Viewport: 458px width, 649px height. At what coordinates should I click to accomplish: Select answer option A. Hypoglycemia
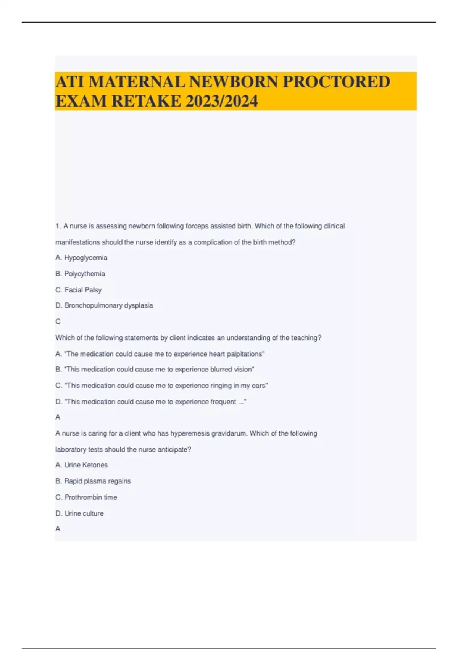tap(81, 258)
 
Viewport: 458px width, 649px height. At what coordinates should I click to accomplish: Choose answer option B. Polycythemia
tap(80, 274)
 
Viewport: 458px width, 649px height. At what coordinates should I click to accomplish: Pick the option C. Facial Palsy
tap(79, 290)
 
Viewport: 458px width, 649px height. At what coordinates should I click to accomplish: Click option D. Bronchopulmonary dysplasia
tap(104, 305)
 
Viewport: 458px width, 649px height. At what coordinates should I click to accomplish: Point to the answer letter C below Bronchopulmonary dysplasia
tap(58, 321)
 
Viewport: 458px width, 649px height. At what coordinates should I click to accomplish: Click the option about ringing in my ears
tap(162, 386)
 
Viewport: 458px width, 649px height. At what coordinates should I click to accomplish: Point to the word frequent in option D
tap(223, 402)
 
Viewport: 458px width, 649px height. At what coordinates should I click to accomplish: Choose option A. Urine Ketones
tap(82, 465)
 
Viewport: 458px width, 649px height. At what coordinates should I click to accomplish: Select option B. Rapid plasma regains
tap(93, 481)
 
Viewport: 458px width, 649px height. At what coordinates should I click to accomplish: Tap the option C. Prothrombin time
tap(86, 497)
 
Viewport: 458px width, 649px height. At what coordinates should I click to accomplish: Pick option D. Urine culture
tap(79, 513)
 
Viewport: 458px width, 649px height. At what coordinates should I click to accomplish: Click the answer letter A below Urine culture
tap(58, 529)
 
